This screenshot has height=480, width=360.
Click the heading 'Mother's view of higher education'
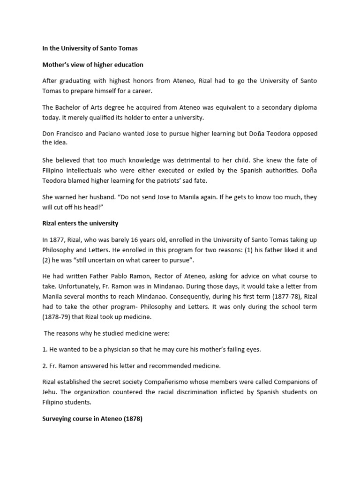tap(92, 65)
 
